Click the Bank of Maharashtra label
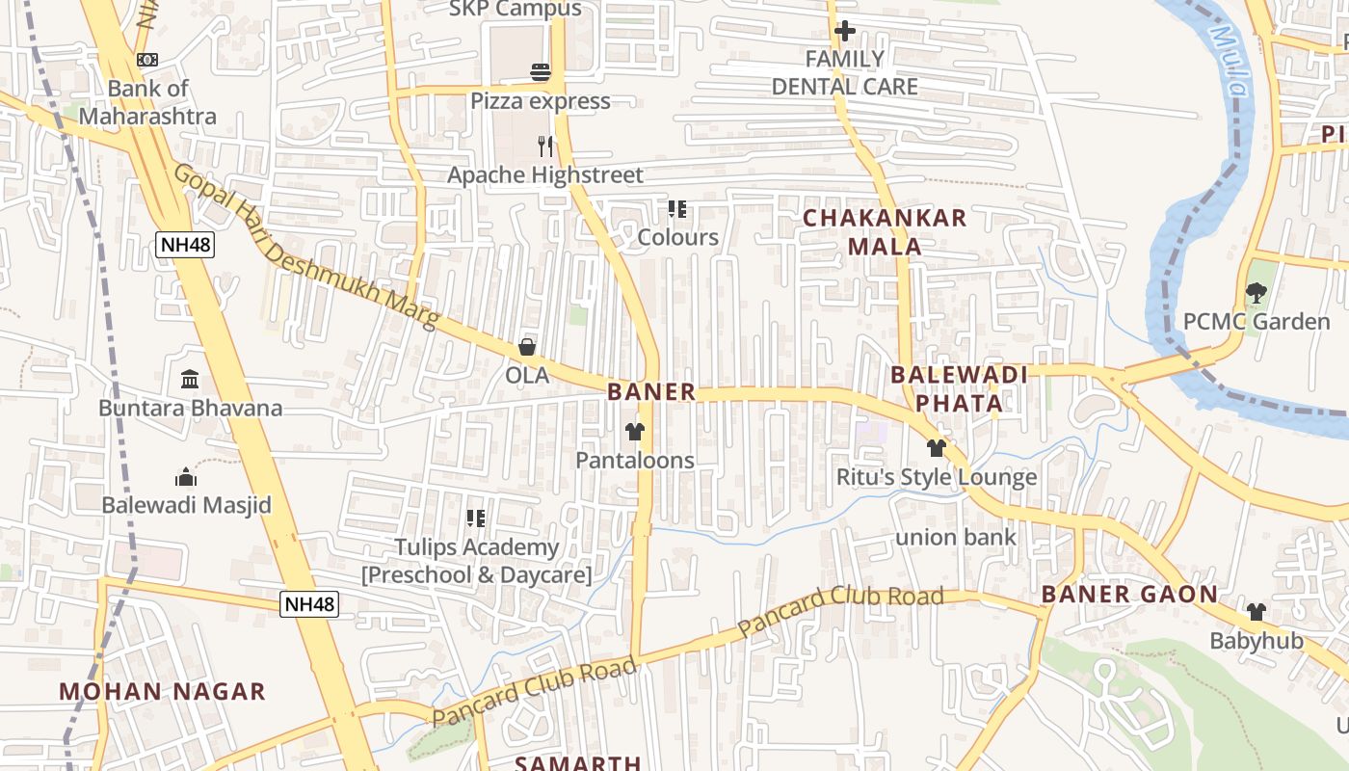[x=147, y=102]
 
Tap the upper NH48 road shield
[x=185, y=244]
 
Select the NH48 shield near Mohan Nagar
[x=309, y=604]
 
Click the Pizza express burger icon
[x=540, y=72]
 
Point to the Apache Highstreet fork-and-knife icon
[x=545, y=146]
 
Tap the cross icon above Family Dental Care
[x=844, y=31]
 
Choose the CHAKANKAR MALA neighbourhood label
[x=885, y=231]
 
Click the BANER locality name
[x=651, y=391]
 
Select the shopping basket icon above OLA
[x=527, y=347]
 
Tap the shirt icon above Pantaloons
[x=634, y=432]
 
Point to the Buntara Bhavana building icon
[x=190, y=380]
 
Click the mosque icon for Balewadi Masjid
[x=186, y=476]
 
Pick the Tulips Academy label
[x=476, y=561]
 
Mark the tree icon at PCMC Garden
[x=1256, y=293]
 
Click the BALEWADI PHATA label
[x=959, y=388]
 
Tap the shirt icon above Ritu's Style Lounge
[x=936, y=448]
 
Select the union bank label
[x=956, y=537]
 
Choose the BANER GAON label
[x=1129, y=594]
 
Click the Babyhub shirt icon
[x=1256, y=612]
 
